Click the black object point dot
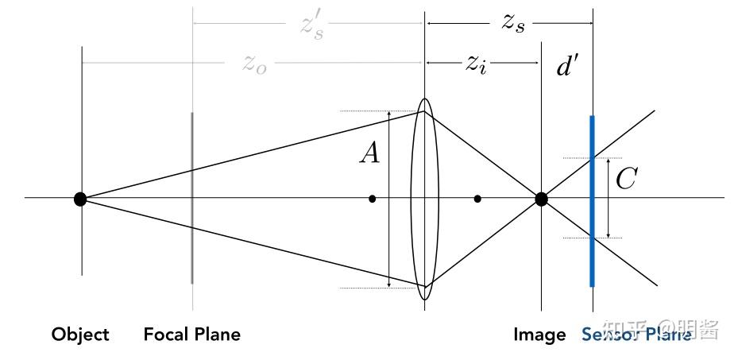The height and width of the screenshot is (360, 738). coord(80,199)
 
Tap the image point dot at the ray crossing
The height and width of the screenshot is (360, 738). coord(541,199)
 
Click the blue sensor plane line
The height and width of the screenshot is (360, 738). coord(592,238)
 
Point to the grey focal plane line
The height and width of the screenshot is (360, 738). coord(192,238)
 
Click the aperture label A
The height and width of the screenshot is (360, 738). coord(369,153)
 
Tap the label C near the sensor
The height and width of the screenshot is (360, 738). coord(626,180)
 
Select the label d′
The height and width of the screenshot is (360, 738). coord(567,67)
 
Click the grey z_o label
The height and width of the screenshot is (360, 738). coord(254,64)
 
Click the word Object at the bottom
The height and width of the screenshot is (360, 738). coord(80,335)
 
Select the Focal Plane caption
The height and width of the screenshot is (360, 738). coord(191,335)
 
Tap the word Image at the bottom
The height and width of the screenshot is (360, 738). coord(539,335)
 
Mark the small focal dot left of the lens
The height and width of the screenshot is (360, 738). coord(372,199)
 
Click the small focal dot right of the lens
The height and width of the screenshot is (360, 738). coord(477,199)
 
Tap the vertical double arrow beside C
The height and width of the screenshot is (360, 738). coord(608,199)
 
